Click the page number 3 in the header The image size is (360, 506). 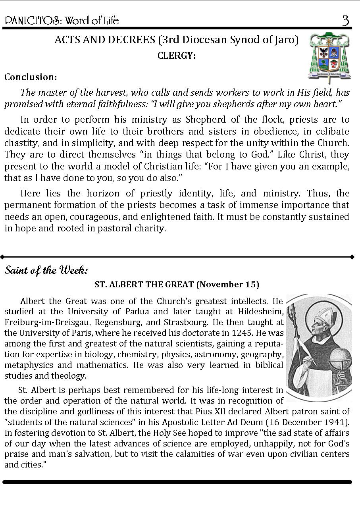tap(345, 20)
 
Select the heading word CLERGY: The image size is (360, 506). tap(177, 56)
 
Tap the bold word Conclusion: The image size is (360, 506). tap(31, 77)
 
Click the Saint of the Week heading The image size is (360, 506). tap(46, 271)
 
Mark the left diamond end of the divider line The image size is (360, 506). tap(3, 257)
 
